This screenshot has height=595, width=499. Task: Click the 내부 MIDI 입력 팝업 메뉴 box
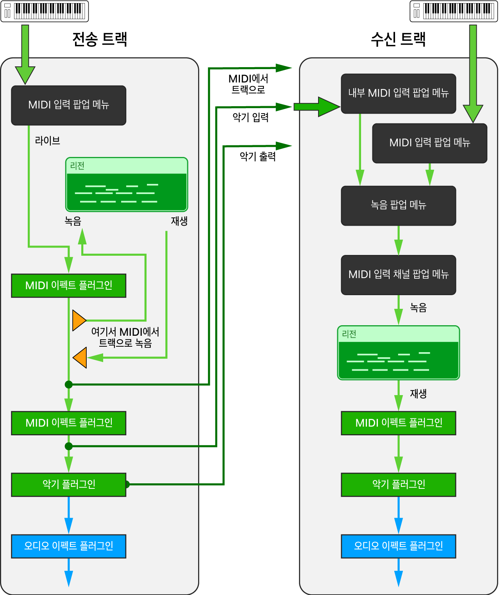[398, 94]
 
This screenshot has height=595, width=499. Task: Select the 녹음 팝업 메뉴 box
[398, 206]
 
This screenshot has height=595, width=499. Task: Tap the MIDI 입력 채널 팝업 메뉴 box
[398, 275]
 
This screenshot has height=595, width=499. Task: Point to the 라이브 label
[48, 141]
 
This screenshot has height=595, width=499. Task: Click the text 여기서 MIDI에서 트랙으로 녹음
[125, 337]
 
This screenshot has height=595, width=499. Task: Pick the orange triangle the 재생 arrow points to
[80, 357]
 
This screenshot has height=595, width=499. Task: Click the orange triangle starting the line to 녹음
[79, 321]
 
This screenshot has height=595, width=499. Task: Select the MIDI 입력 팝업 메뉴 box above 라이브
[68, 105]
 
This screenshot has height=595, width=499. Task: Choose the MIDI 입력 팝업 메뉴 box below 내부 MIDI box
[429, 143]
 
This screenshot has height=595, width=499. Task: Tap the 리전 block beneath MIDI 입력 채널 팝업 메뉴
[398, 353]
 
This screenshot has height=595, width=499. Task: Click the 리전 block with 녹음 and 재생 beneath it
[127, 185]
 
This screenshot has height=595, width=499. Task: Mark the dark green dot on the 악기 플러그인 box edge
[127, 485]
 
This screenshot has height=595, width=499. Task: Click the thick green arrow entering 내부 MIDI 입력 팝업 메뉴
[317, 107]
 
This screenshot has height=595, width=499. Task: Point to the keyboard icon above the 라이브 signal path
[45, 11]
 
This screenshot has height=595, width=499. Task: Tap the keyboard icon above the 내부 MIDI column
[454, 11]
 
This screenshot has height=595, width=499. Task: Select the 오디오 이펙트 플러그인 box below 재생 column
[398, 546]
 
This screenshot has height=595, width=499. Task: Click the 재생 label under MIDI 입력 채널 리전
[418, 394]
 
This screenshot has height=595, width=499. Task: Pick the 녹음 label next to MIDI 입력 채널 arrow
[418, 308]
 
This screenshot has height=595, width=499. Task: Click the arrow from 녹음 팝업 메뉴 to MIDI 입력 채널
[398, 240]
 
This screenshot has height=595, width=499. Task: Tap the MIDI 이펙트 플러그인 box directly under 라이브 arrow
[68, 286]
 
